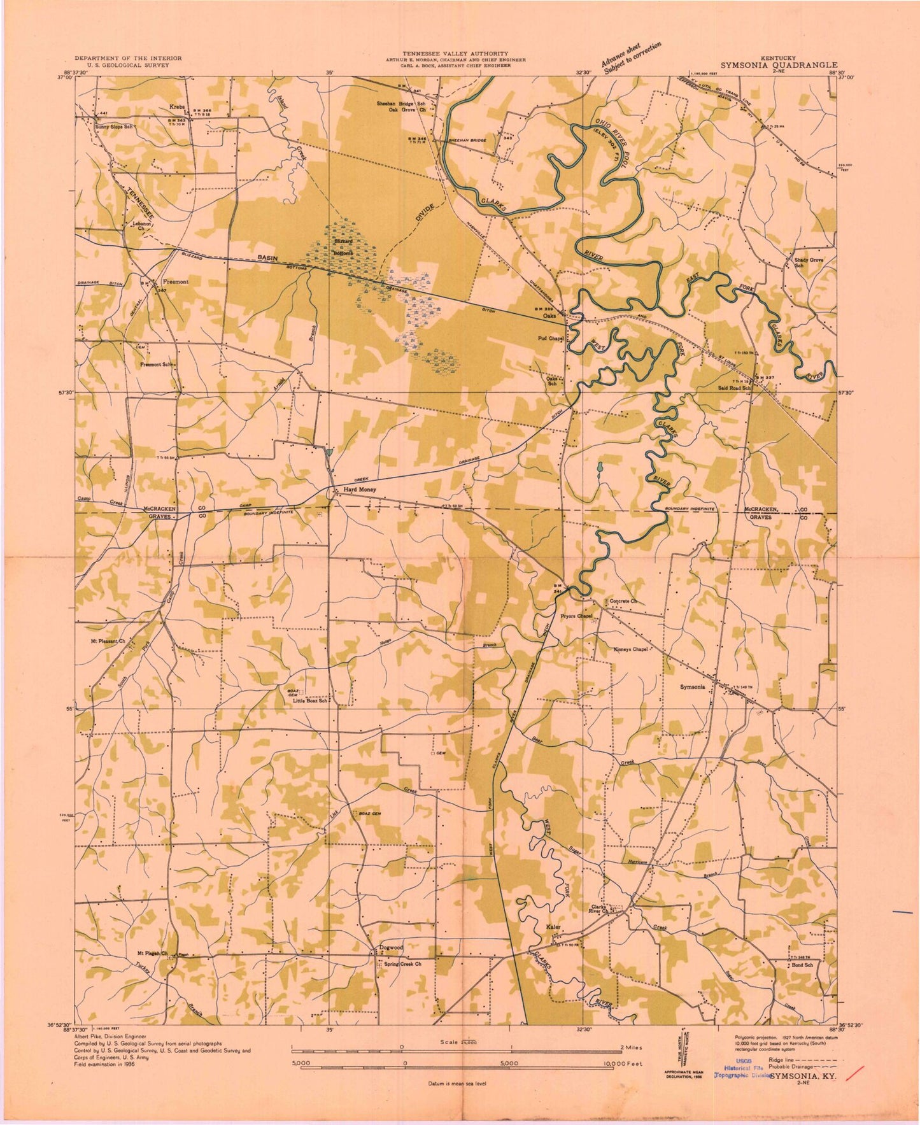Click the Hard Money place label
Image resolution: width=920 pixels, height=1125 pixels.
pos(360,490)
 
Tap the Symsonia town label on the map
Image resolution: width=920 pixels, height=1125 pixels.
pos(692,687)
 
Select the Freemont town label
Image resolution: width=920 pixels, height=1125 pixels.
pos(175,281)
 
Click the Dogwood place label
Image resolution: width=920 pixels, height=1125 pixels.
pos(391,947)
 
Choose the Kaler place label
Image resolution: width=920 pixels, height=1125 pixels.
pos(553,927)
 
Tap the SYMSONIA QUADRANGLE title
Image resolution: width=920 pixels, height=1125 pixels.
pos(779,65)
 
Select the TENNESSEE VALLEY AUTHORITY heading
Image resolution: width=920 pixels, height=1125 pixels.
pos(455,53)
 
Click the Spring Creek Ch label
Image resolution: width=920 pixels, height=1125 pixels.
pos(403,964)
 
